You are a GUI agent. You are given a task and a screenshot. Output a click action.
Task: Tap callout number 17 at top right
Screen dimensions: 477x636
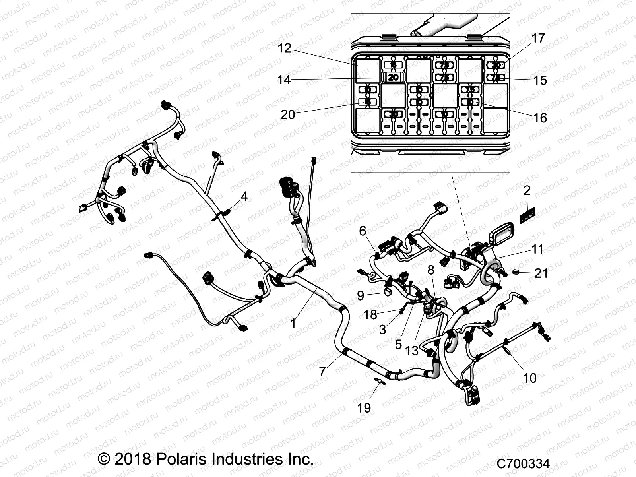tap(538, 39)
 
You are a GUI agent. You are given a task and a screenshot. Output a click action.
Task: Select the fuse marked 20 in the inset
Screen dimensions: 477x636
tap(393, 78)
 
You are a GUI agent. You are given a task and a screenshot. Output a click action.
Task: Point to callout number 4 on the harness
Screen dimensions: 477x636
tap(244, 196)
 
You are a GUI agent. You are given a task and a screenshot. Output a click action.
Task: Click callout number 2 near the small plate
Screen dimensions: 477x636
tap(527, 190)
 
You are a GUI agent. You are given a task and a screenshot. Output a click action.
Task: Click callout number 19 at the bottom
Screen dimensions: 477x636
tap(365, 407)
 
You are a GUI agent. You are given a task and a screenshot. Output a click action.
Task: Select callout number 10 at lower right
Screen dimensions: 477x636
tap(529, 378)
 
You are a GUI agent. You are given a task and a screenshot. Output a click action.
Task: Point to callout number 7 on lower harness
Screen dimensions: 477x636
tap(322, 372)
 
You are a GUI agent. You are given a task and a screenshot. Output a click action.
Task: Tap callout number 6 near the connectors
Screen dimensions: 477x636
tap(362, 231)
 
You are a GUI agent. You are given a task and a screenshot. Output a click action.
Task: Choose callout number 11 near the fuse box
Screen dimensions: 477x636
tap(537, 249)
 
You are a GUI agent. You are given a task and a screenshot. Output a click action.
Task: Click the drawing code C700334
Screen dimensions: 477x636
tap(523, 464)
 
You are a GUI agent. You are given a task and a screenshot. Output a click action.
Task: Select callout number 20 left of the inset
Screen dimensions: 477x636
tap(288, 114)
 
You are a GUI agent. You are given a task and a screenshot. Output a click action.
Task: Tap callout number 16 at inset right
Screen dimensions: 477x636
tap(541, 118)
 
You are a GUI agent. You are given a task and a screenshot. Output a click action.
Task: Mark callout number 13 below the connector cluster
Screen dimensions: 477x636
tap(412, 351)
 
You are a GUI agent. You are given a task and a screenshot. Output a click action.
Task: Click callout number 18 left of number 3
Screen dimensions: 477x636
tap(370, 315)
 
